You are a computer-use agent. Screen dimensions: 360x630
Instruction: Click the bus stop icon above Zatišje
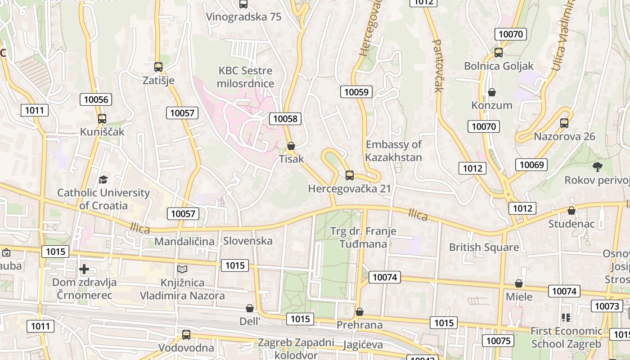click(158, 67)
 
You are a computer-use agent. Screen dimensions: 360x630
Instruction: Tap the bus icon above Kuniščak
click(102, 119)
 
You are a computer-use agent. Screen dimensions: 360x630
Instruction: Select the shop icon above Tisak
click(291, 146)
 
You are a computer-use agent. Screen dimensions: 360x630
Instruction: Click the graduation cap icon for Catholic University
click(103, 180)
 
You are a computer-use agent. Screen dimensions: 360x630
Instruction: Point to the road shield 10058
click(285, 119)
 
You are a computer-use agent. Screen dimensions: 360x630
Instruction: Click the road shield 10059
click(356, 92)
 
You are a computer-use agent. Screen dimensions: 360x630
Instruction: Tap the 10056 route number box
click(96, 99)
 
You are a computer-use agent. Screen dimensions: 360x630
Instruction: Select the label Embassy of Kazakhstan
click(393, 151)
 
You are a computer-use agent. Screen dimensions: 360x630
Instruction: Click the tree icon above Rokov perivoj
click(598, 167)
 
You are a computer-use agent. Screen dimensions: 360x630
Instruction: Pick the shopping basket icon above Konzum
click(492, 92)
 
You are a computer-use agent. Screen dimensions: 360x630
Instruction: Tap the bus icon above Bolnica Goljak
click(499, 52)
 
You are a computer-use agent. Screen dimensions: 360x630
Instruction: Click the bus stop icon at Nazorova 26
click(564, 123)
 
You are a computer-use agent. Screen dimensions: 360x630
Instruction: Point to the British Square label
click(484, 247)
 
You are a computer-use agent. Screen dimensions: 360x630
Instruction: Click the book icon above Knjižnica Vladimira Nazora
click(182, 269)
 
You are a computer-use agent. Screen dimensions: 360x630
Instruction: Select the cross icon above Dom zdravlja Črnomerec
click(84, 269)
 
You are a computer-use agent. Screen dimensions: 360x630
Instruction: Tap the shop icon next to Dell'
click(250, 308)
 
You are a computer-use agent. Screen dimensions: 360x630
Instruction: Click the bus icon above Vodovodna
click(186, 334)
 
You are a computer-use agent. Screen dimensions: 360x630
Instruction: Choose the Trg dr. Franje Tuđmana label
click(363, 238)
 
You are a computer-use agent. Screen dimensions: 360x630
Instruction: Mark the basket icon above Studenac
click(571, 210)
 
